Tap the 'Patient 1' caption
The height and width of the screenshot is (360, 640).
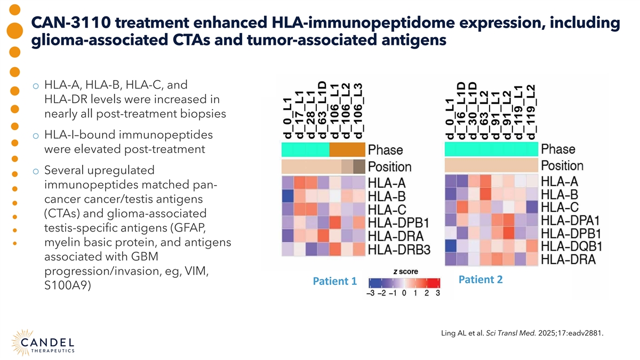point(334,281)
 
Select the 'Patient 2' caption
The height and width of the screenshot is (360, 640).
point(481,279)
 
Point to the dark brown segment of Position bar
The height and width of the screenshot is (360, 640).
point(359,166)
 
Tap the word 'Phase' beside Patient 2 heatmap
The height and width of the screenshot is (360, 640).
point(558,149)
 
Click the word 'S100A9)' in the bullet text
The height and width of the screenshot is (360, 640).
point(68,286)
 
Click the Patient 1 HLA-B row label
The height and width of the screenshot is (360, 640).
point(388,196)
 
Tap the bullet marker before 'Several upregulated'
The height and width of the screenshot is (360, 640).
point(35,172)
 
